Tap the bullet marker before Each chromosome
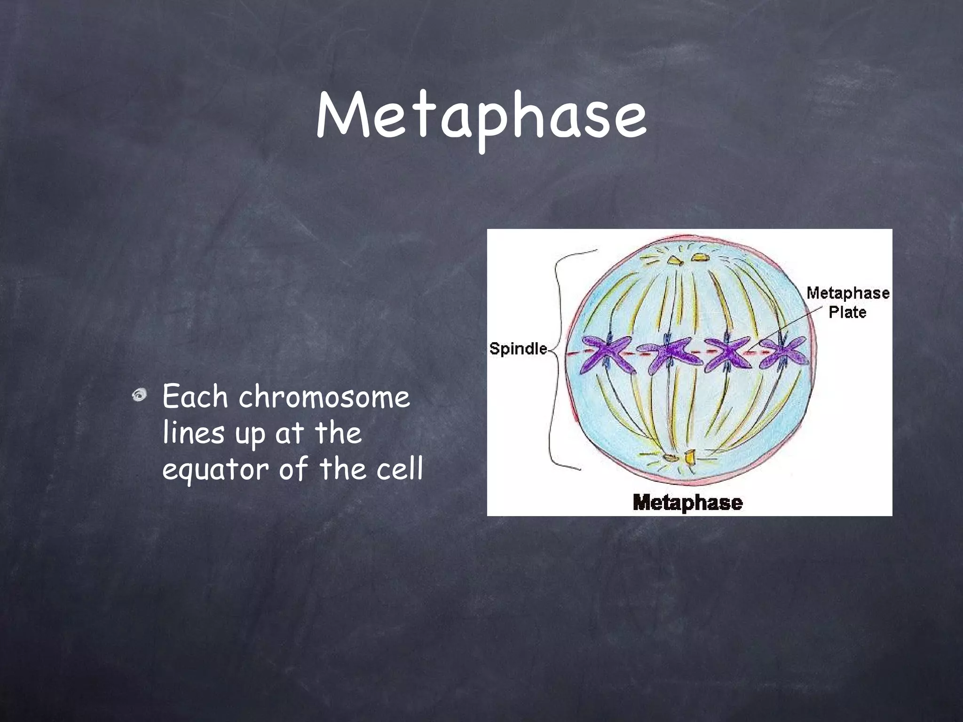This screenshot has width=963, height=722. [x=139, y=396]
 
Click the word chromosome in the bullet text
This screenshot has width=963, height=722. [x=324, y=397]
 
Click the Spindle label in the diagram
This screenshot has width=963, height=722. [x=518, y=349]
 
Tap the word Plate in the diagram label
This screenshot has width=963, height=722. [x=847, y=312]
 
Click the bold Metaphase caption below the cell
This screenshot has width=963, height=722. [x=687, y=502]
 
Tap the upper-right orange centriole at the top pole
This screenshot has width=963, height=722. [x=699, y=257]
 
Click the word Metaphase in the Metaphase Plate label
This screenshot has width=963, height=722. [x=848, y=293]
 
